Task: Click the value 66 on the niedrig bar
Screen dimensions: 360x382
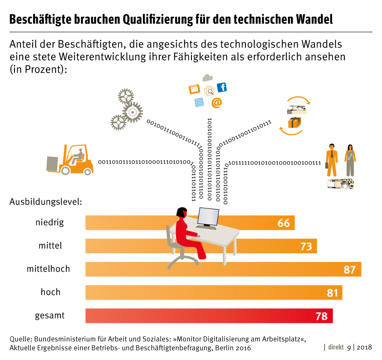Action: pyautogui.click(x=284, y=223)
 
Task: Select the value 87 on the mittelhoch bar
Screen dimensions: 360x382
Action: pyautogui.click(x=349, y=269)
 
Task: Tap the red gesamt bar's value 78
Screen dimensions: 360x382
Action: pyautogui.click(x=321, y=316)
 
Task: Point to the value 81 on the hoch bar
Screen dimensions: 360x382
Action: pyautogui.click(x=333, y=293)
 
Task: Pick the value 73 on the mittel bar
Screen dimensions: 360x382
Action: pyautogui.click(x=306, y=246)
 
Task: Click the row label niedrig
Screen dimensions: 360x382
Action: pyautogui.click(x=49, y=222)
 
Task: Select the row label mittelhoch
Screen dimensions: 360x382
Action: pyautogui.click(x=48, y=269)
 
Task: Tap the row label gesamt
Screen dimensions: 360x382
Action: pyautogui.click(x=49, y=316)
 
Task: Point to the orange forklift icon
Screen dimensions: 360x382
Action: pyautogui.click(x=72, y=160)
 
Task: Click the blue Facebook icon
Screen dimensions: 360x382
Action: pyautogui.click(x=222, y=88)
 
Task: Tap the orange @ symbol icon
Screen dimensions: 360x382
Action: pyautogui.click(x=216, y=103)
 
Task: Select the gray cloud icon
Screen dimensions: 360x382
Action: pyautogui.click(x=208, y=78)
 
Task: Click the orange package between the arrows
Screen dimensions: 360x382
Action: pyautogui.click(x=294, y=122)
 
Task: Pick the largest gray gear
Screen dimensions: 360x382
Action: pyautogui.click(x=132, y=112)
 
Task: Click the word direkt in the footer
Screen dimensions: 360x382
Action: pyautogui.click(x=336, y=347)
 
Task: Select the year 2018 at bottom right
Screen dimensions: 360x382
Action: pyautogui.click(x=364, y=347)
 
